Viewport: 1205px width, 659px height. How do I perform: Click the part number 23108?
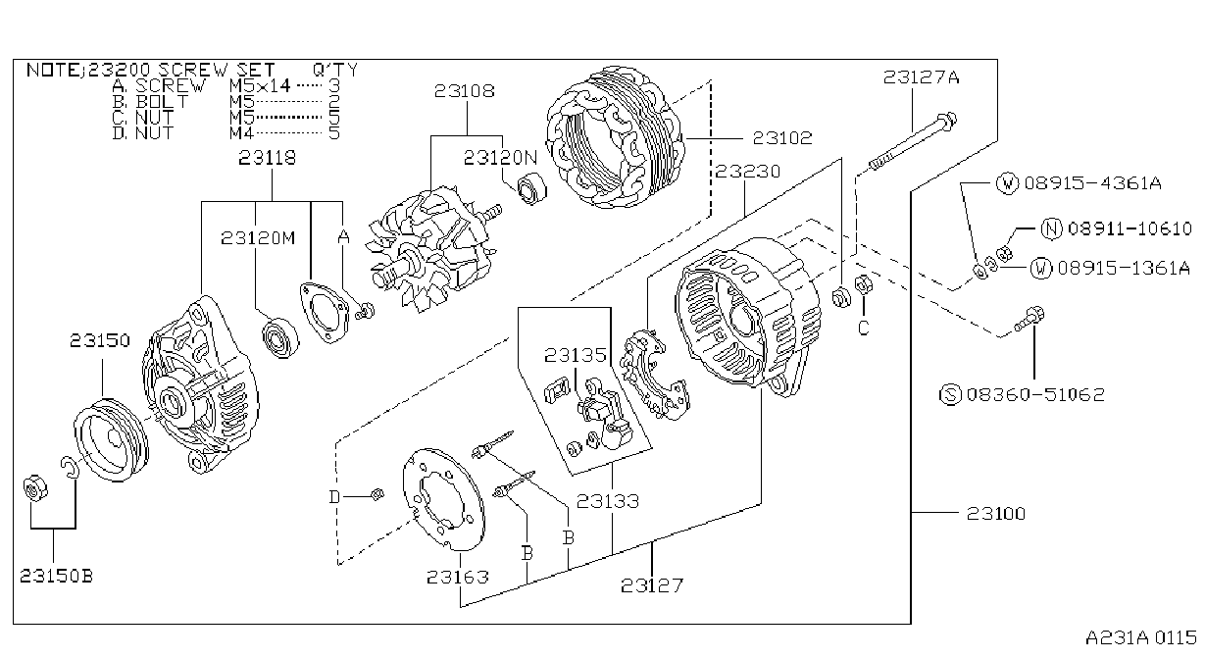point(464,91)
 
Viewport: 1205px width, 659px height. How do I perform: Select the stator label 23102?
point(782,138)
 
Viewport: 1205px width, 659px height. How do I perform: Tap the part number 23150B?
point(57,577)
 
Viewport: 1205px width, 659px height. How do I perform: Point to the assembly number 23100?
point(996,514)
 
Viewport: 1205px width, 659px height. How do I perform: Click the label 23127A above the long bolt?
point(921,77)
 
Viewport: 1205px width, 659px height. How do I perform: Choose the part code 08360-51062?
point(1035,395)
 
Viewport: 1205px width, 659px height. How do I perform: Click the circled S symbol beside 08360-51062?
point(950,395)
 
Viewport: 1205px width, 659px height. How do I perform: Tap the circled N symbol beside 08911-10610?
point(1051,228)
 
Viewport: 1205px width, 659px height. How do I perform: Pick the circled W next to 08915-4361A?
point(1007,183)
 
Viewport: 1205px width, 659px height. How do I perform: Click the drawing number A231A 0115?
point(1141,638)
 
